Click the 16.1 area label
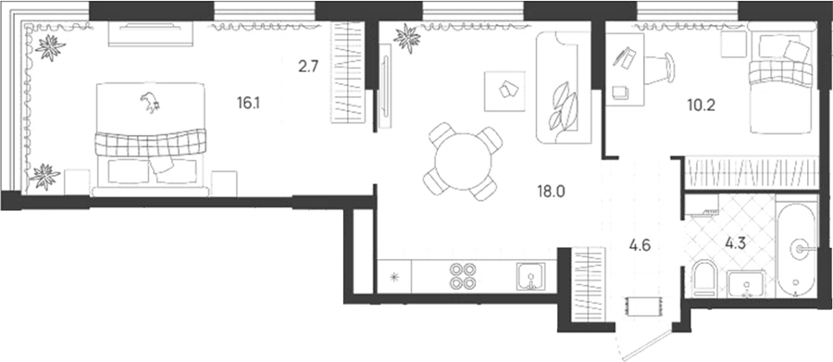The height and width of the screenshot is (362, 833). point(249,103)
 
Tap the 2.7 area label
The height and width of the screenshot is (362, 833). point(308,69)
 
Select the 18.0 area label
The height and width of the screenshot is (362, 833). point(551,191)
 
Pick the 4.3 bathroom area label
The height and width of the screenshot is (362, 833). point(735,243)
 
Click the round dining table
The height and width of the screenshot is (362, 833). point(463,161)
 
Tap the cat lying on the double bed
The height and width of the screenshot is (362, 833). point(151,102)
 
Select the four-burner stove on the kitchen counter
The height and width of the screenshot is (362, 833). point(462,277)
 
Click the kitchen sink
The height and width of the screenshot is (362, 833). point(530,277)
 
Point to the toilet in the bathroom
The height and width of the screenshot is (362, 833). point(705,278)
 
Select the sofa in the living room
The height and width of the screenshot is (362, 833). point(564,87)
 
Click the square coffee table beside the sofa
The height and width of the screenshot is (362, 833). point(504,91)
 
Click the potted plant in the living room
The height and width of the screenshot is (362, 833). point(407,38)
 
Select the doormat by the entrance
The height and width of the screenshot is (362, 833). point(644,306)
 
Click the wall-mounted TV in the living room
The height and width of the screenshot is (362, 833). point(385,86)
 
